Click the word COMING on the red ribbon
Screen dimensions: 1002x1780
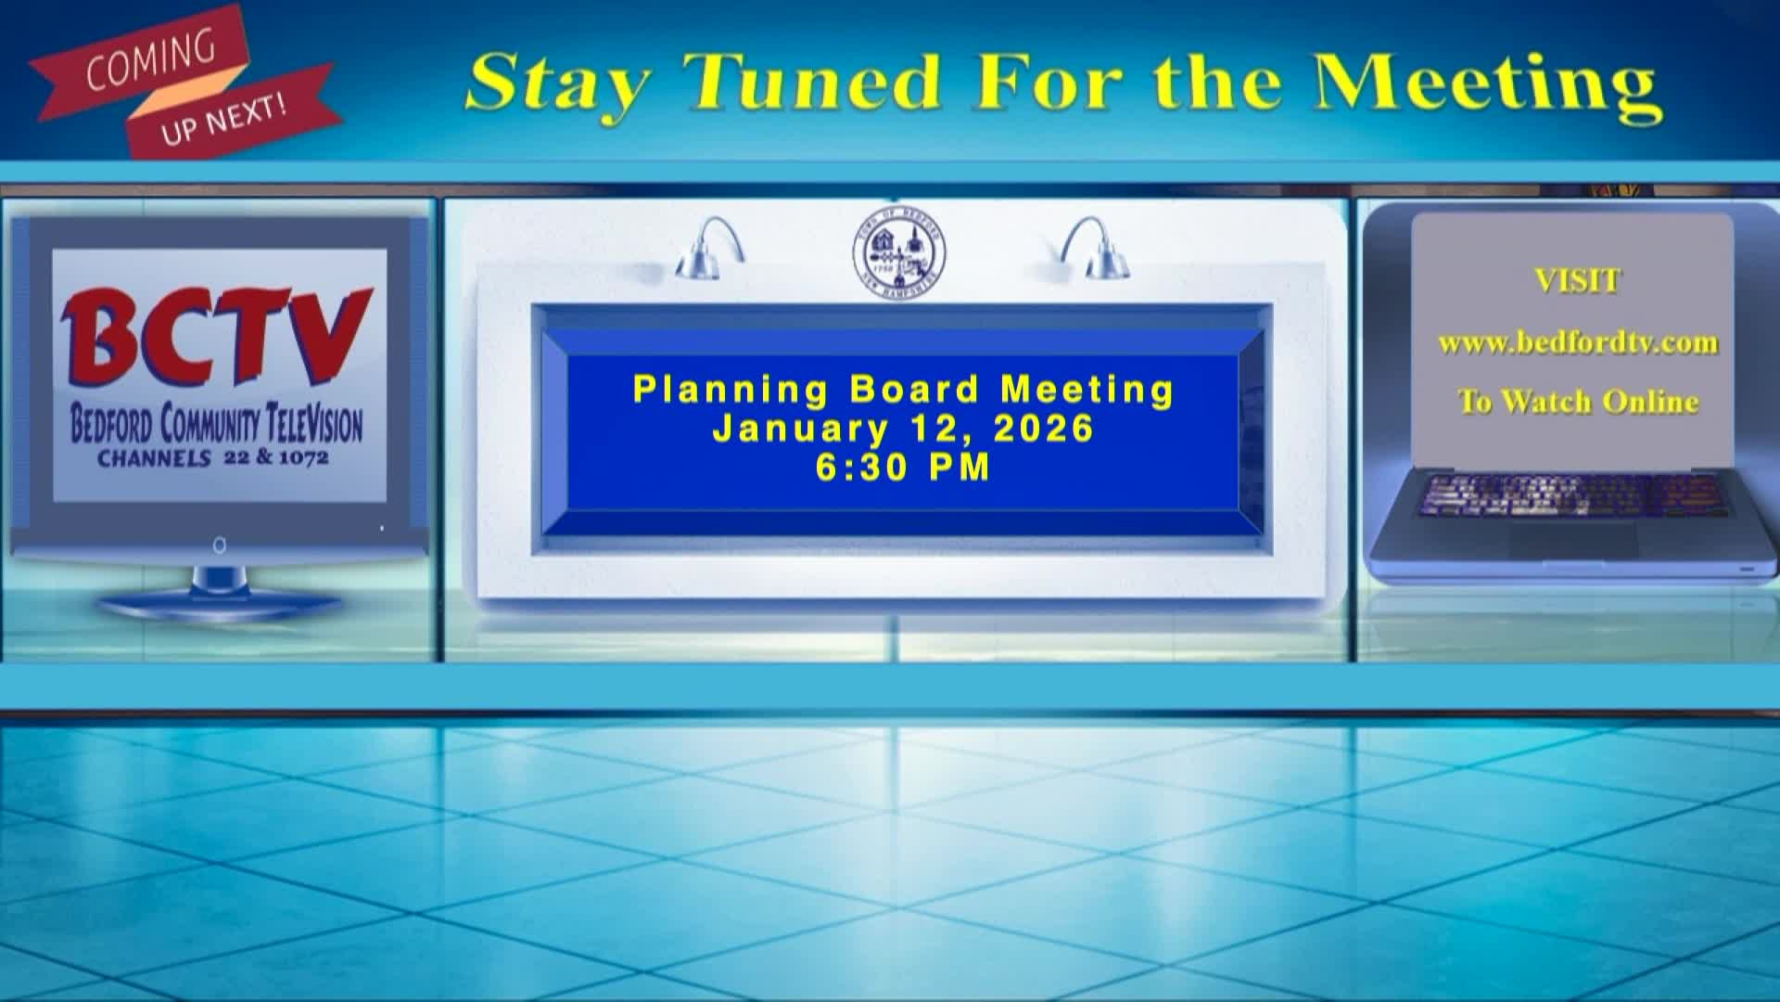150,61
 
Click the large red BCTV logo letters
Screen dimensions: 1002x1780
216,338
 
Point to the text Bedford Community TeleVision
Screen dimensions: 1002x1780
216,425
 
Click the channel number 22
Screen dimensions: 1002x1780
236,457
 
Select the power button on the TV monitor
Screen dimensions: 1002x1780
219,546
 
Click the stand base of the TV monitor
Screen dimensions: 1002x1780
219,608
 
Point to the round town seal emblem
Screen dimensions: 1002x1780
898,250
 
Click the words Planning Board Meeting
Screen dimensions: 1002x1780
903,390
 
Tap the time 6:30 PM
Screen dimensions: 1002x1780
903,468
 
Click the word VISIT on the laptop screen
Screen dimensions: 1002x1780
1577,280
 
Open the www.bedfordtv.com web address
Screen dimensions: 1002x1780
1577,343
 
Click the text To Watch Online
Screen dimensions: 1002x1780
1577,402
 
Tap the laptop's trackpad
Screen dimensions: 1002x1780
1574,540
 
